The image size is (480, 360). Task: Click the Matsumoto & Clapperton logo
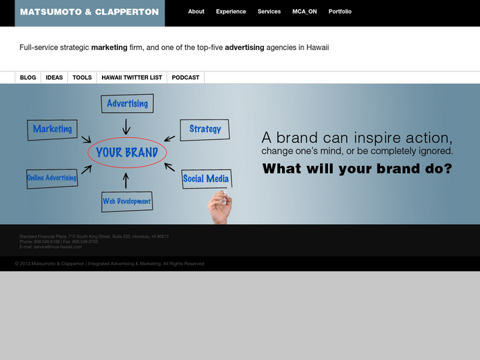coord(89,12)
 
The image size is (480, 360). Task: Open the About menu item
coord(196,12)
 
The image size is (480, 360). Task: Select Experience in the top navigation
coord(231,12)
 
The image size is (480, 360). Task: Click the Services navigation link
coord(269,12)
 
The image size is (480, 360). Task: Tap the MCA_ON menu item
coord(305,12)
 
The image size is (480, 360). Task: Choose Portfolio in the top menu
coord(340,12)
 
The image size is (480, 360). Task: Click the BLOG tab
coord(28,78)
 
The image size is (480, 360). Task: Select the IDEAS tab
coord(54,78)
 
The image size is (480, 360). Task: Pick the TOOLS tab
coord(82,78)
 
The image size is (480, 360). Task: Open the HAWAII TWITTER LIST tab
coord(131,78)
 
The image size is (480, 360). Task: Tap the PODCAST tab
coord(185,78)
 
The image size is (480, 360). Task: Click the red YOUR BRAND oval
coord(127,153)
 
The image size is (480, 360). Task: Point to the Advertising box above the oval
coord(127,104)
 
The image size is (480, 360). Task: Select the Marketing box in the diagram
coord(53,129)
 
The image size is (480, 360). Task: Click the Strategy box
coord(205,129)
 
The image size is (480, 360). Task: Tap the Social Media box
coord(206,179)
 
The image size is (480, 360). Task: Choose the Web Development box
coord(127,201)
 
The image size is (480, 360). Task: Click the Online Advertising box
coord(52,178)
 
